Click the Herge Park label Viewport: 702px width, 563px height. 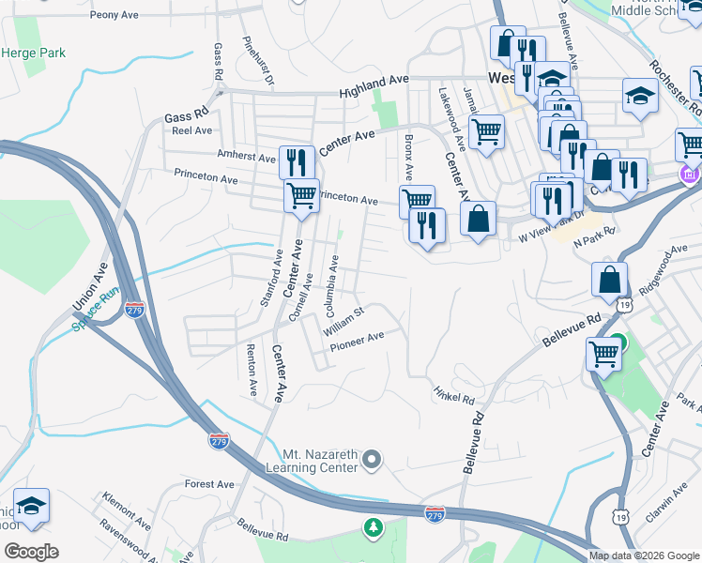point(33,53)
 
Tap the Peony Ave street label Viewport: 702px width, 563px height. point(114,16)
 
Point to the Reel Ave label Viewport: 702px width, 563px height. point(191,131)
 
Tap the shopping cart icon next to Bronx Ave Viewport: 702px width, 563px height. point(417,199)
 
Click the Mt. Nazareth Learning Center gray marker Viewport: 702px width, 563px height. point(373,459)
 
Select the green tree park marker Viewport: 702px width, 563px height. point(374,527)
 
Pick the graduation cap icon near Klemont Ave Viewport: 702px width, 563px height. point(31,506)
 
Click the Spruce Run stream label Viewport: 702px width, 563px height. point(98,311)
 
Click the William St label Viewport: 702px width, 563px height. point(343,321)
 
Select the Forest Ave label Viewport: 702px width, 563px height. point(209,484)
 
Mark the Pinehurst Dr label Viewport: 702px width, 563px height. point(258,62)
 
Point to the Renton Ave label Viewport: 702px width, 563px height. point(252,368)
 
